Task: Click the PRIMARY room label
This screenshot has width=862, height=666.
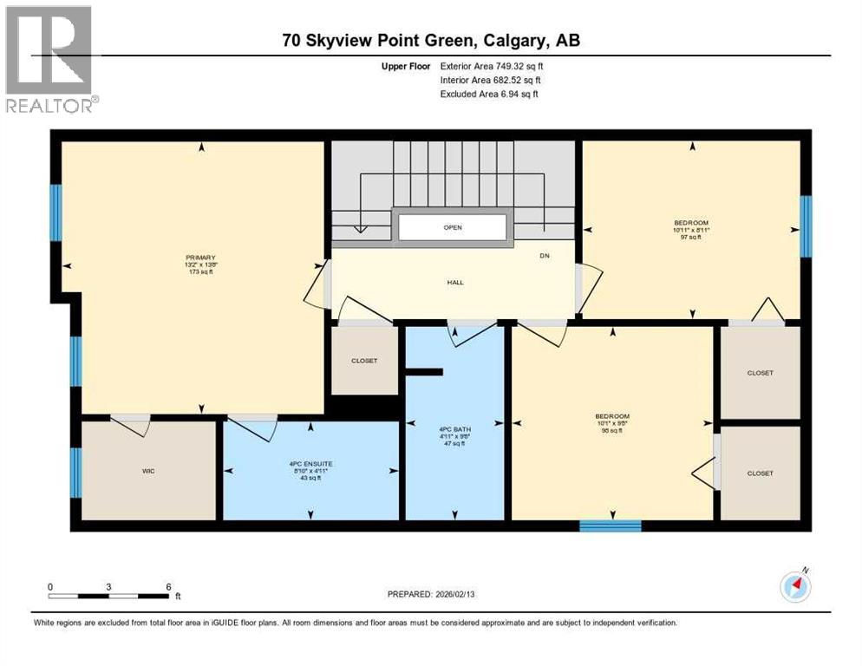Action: point(199,257)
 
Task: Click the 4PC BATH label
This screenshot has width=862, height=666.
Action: point(451,428)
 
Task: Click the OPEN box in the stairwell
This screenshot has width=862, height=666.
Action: point(452,228)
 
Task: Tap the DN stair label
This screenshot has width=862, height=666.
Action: point(545,256)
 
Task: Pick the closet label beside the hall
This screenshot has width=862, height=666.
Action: point(364,361)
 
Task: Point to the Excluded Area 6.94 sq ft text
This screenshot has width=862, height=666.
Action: point(489,94)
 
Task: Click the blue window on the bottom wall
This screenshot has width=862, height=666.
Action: point(611,525)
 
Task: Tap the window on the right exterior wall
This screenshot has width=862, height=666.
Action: point(806,226)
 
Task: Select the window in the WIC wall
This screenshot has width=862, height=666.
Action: point(76,473)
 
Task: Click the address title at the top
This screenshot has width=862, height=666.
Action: point(431,40)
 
